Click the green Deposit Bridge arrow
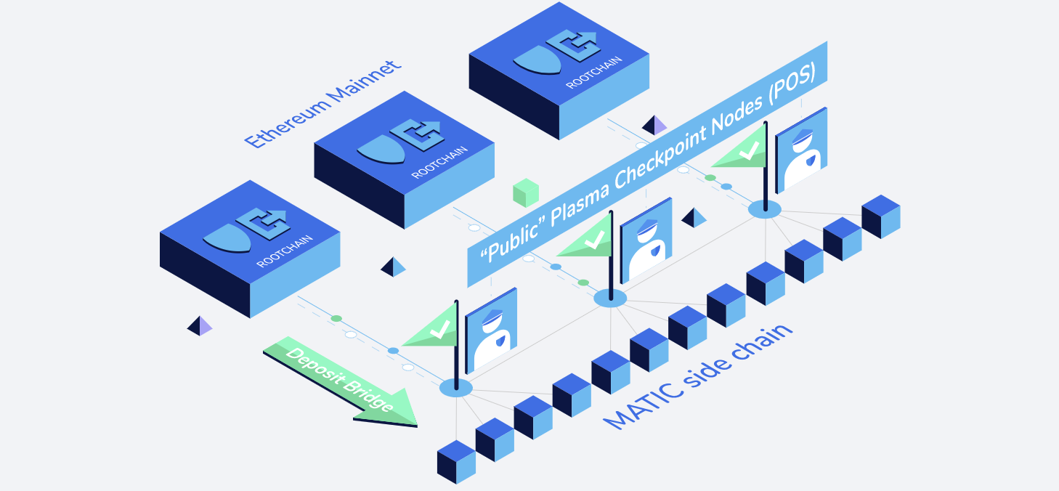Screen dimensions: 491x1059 341,381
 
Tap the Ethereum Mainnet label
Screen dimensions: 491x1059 322,105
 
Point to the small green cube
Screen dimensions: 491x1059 525,193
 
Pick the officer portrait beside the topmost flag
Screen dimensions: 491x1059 801,151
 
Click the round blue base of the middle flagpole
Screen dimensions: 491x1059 610,298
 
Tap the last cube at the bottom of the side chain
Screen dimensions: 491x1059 456,461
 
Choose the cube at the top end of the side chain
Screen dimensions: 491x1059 881,216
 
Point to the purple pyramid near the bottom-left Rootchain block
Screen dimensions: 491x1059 200,326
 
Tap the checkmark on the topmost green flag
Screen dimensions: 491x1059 748,151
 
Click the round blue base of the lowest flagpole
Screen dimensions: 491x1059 456,388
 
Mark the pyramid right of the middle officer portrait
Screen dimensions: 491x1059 694,218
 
